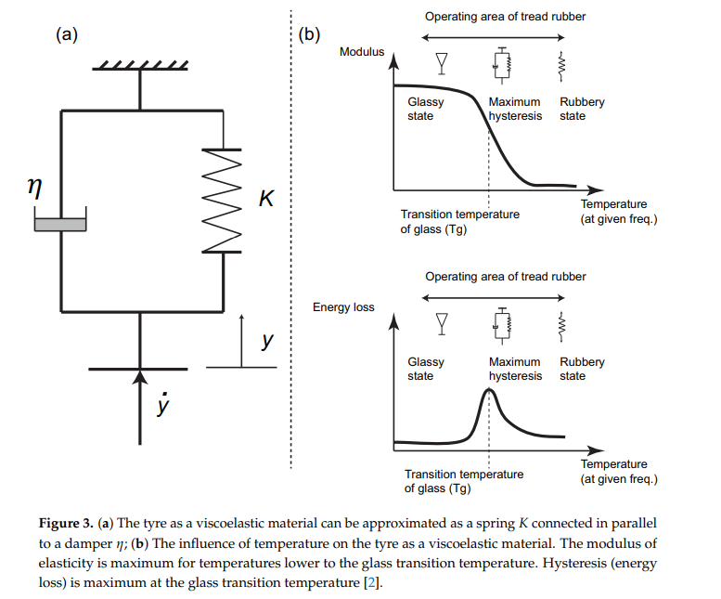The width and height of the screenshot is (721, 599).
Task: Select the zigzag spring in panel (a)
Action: tap(222, 201)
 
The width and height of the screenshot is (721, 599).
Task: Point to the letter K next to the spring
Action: tap(267, 200)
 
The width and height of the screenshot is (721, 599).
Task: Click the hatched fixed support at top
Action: tap(141, 66)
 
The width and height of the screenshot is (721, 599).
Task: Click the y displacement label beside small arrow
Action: tap(267, 342)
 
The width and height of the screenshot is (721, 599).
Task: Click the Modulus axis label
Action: tap(362, 52)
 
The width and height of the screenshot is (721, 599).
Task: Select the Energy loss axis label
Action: tap(343, 307)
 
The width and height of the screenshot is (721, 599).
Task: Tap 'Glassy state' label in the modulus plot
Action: tap(425, 109)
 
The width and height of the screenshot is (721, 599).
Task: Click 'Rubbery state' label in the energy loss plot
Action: tap(582, 369)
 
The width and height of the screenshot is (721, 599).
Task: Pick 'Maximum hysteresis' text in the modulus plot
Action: tap(515, 109)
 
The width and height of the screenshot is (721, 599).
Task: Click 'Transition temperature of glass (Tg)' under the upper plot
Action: tap(459, 221)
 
